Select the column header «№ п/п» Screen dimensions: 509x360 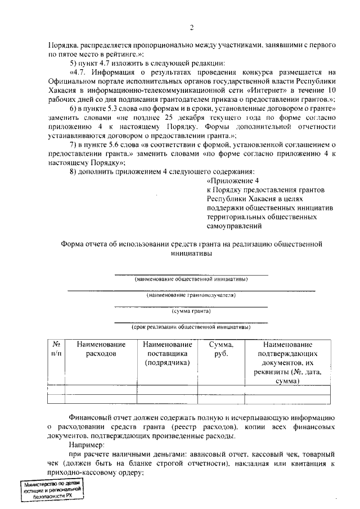(56, 349)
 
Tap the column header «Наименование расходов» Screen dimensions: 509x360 (101, 349)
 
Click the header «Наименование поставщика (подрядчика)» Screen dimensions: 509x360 (168, 353)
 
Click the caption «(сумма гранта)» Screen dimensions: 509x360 (191, 310)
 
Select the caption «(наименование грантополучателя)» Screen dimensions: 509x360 (191, 295)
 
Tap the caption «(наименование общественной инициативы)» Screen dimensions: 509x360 (191, 279)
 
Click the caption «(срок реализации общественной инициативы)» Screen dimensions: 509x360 (191, 326)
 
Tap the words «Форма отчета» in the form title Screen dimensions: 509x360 (84, 244)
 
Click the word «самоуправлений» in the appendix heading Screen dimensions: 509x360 (234, 226)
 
